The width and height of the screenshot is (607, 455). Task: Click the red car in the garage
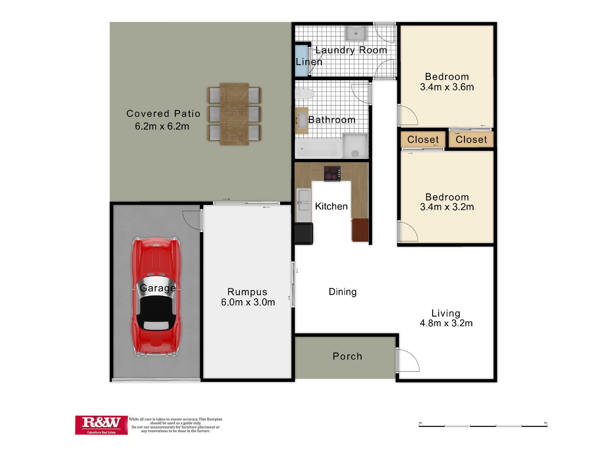156,297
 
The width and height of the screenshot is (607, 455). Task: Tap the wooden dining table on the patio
234,114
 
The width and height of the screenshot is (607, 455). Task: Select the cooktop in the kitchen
332,174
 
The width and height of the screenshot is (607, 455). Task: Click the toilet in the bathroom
304,94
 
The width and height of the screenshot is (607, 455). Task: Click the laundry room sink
356,33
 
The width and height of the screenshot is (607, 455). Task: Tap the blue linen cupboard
302,60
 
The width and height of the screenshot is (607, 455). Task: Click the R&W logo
101,425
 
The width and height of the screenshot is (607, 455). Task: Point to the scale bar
483,425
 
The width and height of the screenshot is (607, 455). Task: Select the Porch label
348,356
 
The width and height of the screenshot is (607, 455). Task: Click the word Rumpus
247,292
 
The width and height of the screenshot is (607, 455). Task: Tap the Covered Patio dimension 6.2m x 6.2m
162,126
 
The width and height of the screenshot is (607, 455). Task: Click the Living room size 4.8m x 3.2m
446,323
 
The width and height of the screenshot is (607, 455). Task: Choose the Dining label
343,292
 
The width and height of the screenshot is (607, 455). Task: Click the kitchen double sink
303,200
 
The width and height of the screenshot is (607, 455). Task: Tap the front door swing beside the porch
408,360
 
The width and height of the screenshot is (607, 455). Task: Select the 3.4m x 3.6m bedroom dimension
447,87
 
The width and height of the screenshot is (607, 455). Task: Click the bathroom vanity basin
302,120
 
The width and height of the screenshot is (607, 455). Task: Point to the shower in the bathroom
355,146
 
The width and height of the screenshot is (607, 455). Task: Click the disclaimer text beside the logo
175,425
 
